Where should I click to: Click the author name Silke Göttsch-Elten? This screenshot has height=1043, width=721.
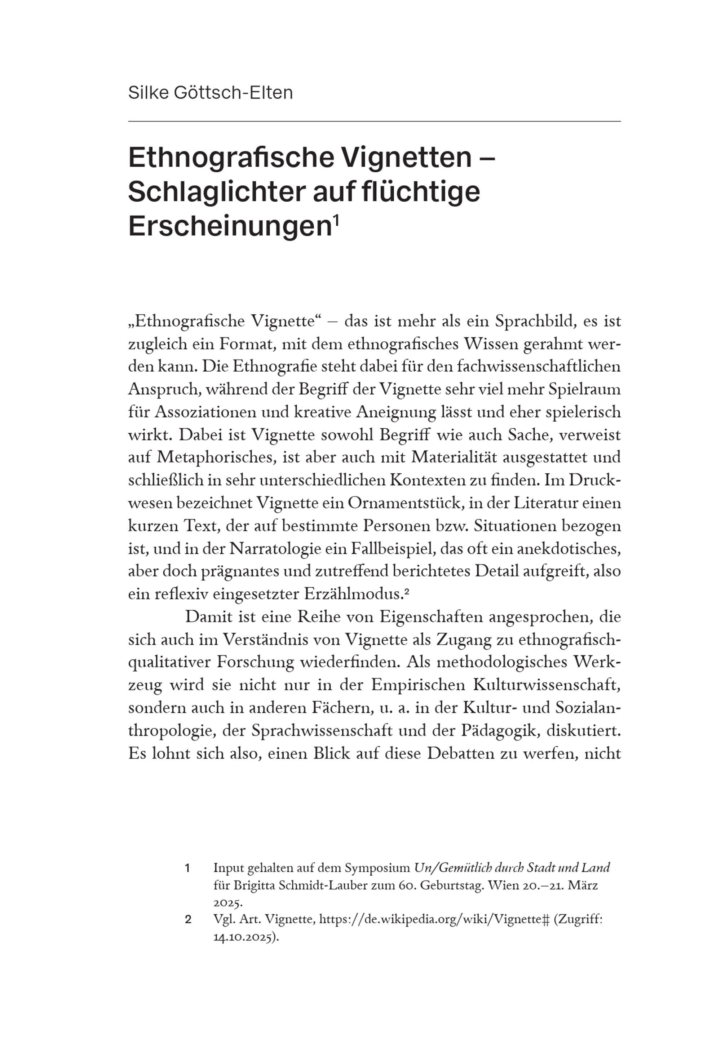click(x=211, y=93)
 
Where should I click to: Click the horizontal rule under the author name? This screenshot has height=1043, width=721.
click(x=374, y=121)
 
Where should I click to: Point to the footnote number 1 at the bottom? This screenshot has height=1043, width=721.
click(x=187, y=868)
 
